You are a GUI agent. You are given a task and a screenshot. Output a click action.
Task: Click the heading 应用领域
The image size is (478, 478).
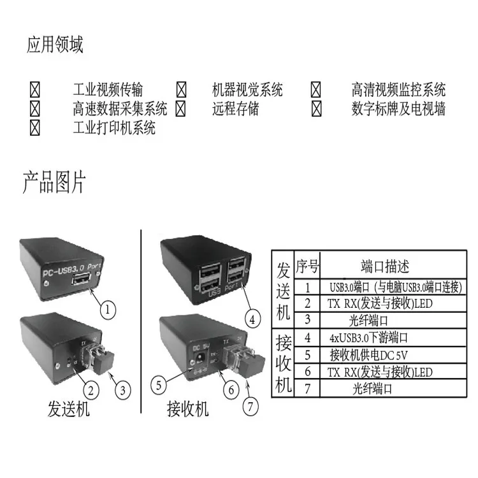tap(55, 46)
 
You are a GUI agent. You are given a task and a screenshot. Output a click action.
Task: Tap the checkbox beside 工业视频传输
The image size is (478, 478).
tap(35, 89)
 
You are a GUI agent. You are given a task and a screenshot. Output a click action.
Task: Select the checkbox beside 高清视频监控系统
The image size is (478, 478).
tap(317, 89)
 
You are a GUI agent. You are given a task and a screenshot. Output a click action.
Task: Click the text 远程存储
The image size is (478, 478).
tap(235, 108)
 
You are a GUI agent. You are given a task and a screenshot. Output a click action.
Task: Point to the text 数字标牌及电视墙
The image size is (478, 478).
tap(398, 108)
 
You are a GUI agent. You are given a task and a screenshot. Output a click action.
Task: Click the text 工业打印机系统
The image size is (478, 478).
tap(114, 127)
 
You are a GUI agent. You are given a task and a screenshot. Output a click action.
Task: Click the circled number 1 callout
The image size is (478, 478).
tap(108, 310)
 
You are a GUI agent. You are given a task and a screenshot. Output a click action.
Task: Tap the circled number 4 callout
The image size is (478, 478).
tap(253, 317)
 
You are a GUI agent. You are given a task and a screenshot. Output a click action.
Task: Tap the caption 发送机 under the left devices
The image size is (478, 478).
tap(69, 409)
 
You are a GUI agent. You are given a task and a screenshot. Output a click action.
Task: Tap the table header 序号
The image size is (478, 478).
tap(307, 266)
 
